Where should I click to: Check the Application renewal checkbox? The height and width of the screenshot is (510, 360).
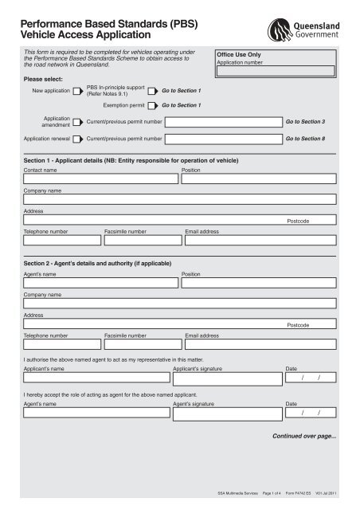[x=77, y=139]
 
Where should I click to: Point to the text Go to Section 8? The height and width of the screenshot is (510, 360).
[x=305, y=139]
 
